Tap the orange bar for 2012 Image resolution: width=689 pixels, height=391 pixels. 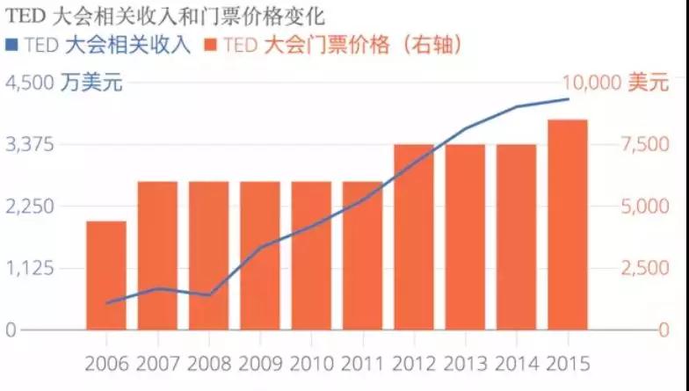(x=414, y=237)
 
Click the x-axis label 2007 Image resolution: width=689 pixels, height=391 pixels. (x=158, y=363)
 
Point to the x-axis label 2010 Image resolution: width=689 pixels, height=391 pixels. (x=312, y=363)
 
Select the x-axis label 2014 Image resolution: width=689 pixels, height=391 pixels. (x=517, y=363)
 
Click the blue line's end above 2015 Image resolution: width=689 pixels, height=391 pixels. (x=569, y=99)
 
